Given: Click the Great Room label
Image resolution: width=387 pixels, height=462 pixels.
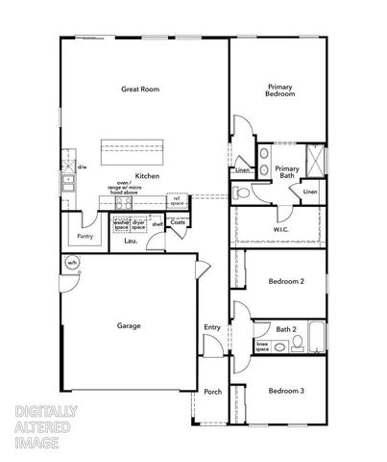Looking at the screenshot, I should (x=140, y=90).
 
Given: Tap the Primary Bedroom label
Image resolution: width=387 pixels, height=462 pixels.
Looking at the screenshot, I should (x=280, y=90).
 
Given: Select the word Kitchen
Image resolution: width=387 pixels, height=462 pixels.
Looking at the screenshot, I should (x=147, y=176).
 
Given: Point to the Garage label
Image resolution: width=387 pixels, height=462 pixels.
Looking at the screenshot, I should (x=129, y=326).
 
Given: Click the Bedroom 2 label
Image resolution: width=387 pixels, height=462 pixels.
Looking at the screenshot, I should (x=286, y=281).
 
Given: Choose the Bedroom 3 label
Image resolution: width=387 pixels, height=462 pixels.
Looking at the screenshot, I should (x=286, y=391).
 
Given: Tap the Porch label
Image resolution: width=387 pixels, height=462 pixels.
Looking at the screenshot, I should (x=212, y=392).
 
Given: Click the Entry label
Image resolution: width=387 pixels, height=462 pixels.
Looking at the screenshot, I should (x=212, y=327).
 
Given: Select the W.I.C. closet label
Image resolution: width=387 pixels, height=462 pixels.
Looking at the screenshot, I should (x=281, y=229).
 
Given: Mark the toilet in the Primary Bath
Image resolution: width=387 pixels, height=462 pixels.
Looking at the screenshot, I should (x=244, y=193).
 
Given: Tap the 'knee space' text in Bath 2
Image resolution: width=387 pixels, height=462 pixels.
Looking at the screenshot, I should (x=261, y=345).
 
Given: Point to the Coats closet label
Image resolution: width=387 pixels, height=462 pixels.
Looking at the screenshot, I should (x=178, y=222).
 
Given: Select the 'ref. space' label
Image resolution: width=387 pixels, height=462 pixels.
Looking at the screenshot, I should (x=178, y=201).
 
